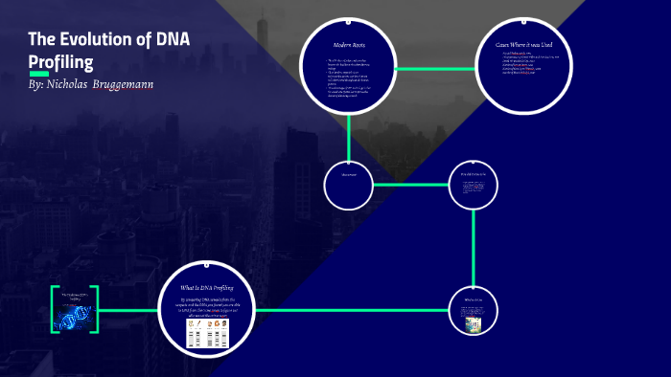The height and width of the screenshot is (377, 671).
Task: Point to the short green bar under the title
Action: (38, 74)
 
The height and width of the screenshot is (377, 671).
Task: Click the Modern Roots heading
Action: (349, 45)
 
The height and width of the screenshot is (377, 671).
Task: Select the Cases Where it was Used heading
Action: (523, 44)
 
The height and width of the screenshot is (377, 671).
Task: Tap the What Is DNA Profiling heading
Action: (208, 286)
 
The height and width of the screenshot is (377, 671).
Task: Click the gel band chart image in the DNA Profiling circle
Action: (207, 332)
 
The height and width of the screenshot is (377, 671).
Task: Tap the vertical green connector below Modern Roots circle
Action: (349, 139)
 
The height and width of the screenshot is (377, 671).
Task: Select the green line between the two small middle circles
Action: (410, 184)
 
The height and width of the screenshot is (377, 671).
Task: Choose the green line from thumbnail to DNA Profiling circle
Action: (128, 310)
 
